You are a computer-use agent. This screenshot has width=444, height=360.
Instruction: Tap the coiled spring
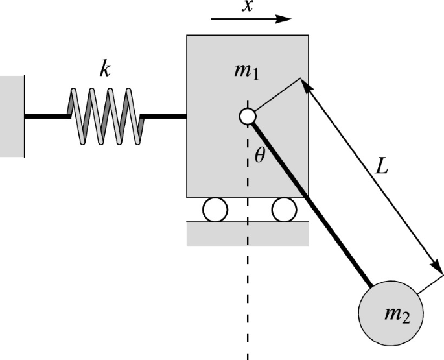(x=104, y=115)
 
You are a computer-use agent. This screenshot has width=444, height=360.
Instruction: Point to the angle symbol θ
(x=260, y=156)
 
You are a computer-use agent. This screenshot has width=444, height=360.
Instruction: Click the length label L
(x=383, y=167)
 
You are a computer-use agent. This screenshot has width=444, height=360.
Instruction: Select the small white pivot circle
(x=247, y=116)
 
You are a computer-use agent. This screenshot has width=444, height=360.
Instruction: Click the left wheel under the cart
(x=215, y=210)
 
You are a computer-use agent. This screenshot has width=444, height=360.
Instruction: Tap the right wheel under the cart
(x=284, y=210)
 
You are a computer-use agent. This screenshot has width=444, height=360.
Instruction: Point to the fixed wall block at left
(x=12, y=116)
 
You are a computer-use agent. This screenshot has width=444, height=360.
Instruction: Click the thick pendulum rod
(x=311, y=202)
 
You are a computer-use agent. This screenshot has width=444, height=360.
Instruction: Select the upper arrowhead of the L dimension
(x=305, y=85)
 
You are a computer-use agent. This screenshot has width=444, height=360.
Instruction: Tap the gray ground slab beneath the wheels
(x=247, y=234)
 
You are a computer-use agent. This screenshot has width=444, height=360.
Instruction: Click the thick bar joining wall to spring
(x=45, y=117)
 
